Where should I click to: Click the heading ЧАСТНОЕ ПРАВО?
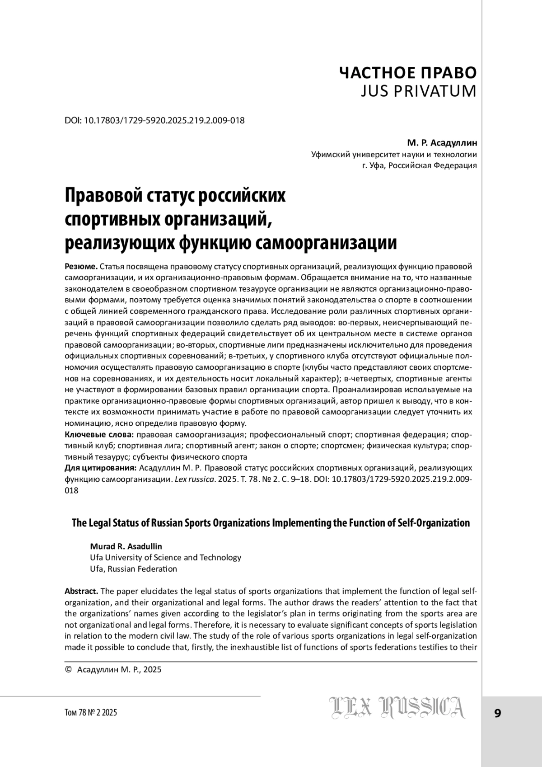(x=407, y=72)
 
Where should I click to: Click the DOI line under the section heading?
(x=155, y=121)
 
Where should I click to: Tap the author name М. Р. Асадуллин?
(x=442, y=143)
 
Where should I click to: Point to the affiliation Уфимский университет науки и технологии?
(x=394, y=155)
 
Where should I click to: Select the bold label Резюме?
(x=81, y=266)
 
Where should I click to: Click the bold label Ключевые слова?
(x=99, y=435)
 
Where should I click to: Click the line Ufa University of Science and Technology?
(x=165, y=557)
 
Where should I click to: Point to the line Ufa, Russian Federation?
(x=133, y=569)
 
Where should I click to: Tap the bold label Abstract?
(x=81, y=591)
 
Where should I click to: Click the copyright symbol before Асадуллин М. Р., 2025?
(x=69, y=669)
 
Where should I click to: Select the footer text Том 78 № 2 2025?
(x=91, y=713)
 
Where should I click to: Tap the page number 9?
(x=497, y=713)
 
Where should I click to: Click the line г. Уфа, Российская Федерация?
(x=420, y=165)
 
